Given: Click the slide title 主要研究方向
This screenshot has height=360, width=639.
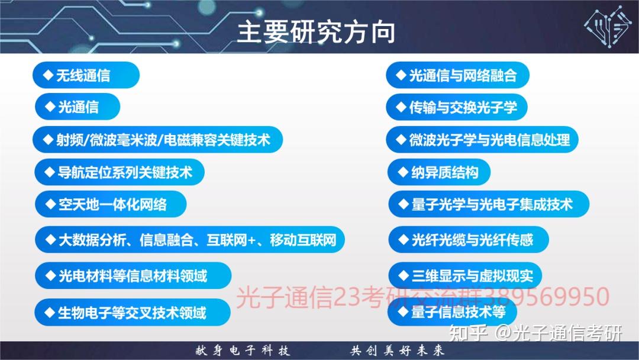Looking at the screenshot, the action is tap(316, 32).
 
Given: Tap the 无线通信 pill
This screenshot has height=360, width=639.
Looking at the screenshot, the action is tap(86, 75).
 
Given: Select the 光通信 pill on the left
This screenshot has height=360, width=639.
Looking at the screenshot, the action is tap(78, 107).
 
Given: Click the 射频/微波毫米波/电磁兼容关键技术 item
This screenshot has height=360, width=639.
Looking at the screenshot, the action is tap(157, 140).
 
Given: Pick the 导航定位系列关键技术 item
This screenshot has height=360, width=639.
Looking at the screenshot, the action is tap(120, 172).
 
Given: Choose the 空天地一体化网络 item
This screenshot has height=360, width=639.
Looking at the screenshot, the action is tap(111, 204).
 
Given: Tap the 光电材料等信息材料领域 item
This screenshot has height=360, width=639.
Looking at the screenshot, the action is tap(133, 275).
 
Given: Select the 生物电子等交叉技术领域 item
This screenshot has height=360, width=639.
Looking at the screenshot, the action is tap(133, 312).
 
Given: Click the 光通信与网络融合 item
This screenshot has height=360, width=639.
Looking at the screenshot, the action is tap(457, 75).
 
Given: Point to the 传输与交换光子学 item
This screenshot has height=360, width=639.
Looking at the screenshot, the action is tap(457, 107).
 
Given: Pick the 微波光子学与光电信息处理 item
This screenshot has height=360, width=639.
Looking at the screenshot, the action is tap(482, 140).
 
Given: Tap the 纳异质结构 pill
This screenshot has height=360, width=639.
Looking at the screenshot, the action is tap(439, 172).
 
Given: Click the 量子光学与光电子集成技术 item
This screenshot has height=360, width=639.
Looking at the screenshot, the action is tap(489, 204).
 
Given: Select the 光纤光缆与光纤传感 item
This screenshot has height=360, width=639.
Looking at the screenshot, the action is tap(469, 240).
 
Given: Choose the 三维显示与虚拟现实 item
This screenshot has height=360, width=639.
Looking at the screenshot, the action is tap(465, 275).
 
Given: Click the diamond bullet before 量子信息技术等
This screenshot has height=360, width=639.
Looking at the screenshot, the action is tap(403, 312).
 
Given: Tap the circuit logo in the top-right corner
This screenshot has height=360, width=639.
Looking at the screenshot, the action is tap(608, 27).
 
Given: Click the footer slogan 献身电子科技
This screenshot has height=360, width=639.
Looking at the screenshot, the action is tap(243, 351).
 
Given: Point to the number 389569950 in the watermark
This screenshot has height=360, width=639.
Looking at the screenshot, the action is tap(547, 297).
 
